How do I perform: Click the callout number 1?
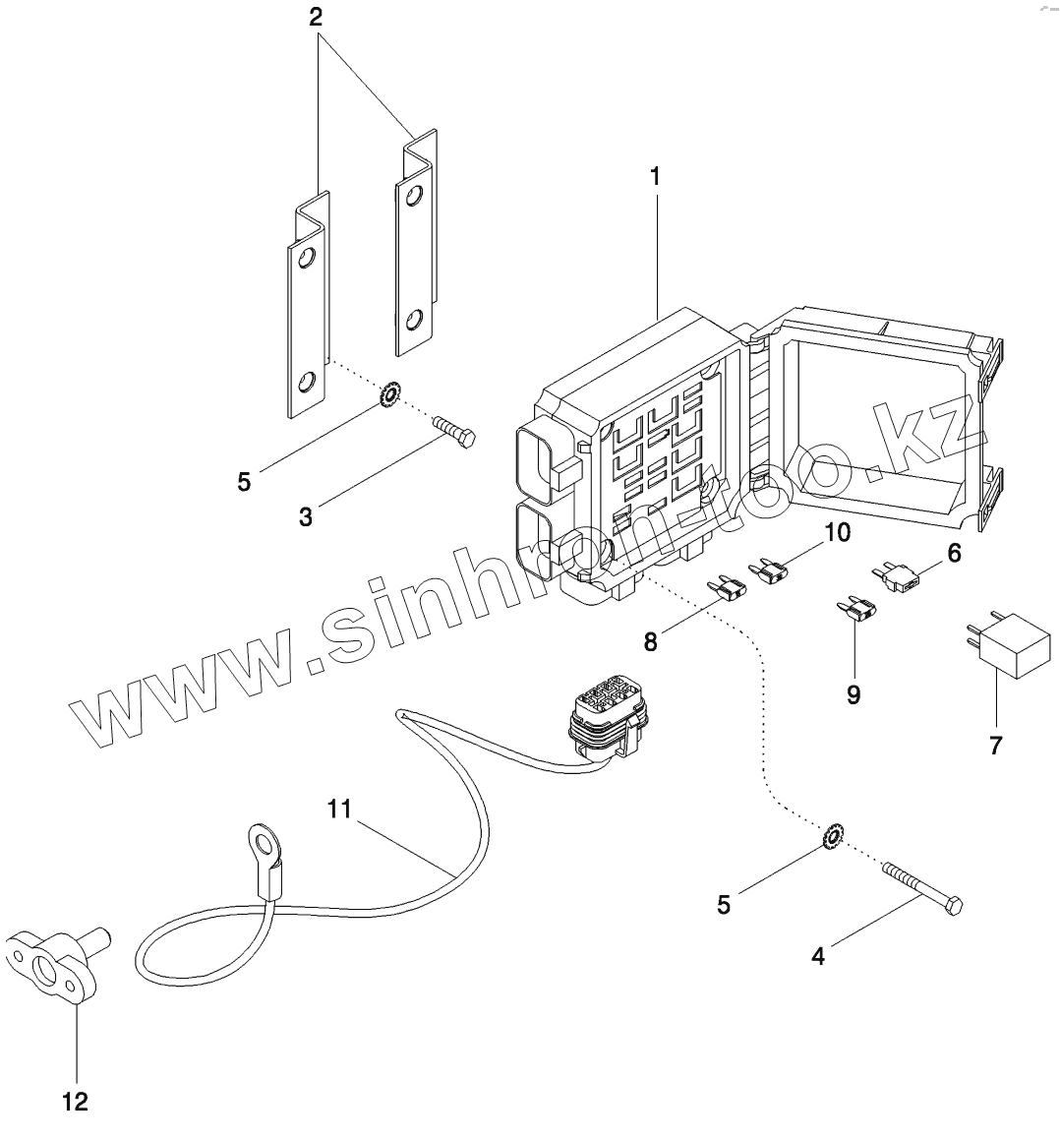[x=655, y=177]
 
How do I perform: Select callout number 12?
[x=75, y=1102]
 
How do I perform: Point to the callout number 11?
[x=339, y=809]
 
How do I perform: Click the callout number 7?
[x=995, y=746]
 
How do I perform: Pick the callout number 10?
[x=837, y=532]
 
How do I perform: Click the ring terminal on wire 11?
[x=259, y=848]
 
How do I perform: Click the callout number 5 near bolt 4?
[x=724, y=905]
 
